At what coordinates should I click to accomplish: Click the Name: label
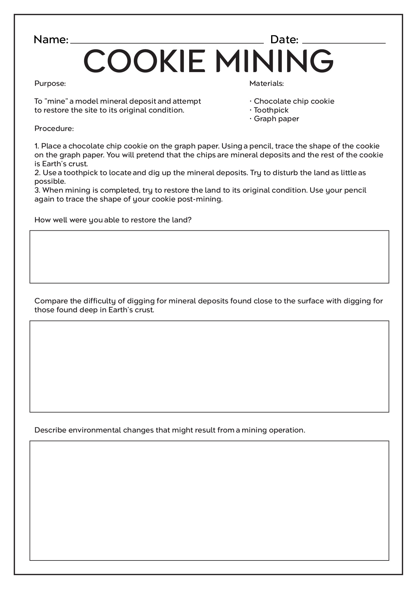[51, 40]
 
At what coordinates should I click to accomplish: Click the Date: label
[284, 40]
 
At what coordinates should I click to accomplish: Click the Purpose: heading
[50, 83]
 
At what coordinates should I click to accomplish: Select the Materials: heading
[266, 83]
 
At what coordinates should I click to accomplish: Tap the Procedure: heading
[54, 129]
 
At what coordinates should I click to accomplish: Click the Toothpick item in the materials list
[271, 110]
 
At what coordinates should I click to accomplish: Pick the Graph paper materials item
[276, 119]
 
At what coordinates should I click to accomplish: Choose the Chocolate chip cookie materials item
[294, 101]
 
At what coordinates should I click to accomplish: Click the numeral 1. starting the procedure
[37, 146]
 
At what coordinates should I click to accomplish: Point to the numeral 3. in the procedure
[37, 191]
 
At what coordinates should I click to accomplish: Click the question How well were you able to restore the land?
[113, 220]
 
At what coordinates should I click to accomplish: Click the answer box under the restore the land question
[209, 257]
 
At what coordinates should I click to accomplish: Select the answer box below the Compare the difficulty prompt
[209, 366]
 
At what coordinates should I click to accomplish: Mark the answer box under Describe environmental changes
[209, 500]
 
